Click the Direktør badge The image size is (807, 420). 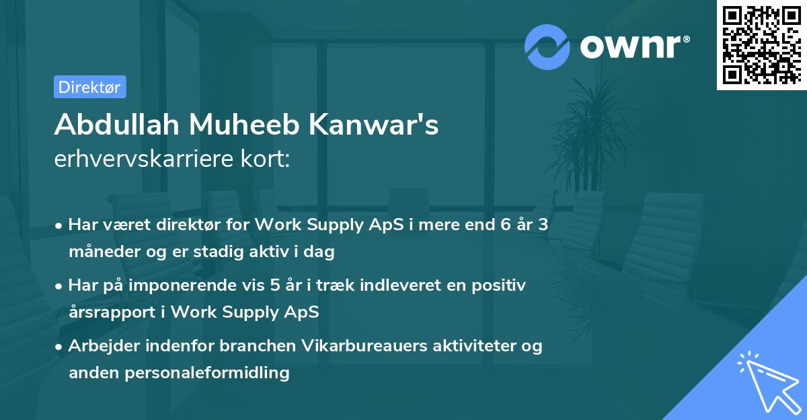click(89, 87)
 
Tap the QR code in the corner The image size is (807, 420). click(761, 44)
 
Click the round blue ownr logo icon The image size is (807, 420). click(547, 46)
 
